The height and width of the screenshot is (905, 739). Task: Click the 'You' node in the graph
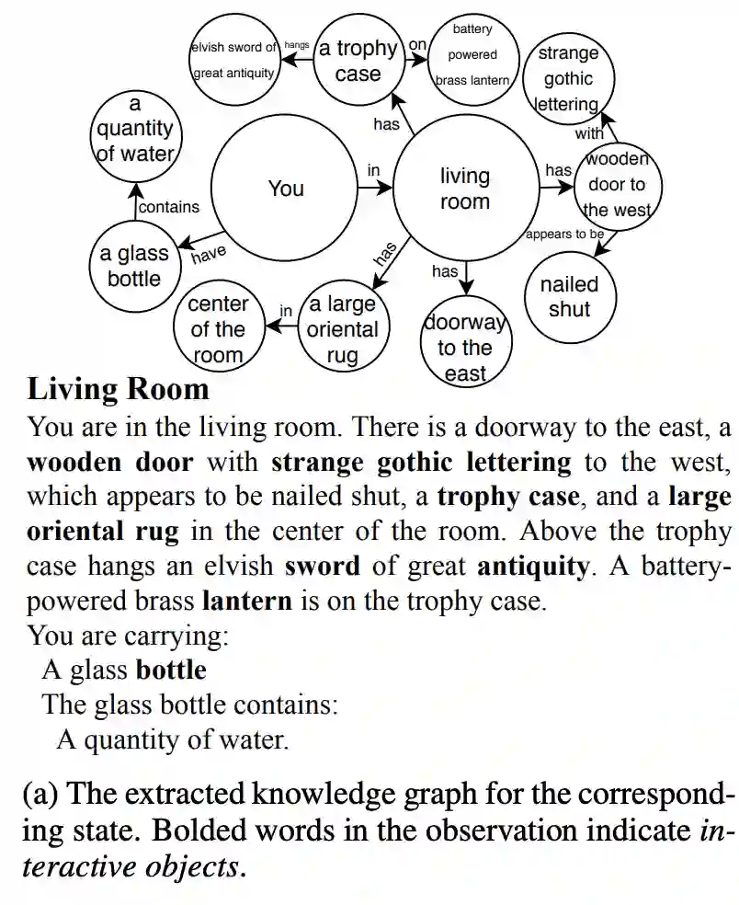pos(286,189)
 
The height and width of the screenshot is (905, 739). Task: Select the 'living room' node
pos(465,189)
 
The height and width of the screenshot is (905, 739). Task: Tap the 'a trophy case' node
pos(358,60)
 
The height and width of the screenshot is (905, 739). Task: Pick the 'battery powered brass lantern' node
pos(472,55)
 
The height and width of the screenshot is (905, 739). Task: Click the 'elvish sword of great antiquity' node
pos(233,60)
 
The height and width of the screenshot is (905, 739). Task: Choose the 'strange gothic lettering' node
pos(567,79)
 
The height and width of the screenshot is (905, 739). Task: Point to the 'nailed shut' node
pos(569,297)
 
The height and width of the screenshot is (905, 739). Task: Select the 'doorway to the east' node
pos(465,348)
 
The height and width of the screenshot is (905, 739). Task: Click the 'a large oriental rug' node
pos(342,329)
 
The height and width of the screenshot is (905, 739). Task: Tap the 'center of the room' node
pos(218,329)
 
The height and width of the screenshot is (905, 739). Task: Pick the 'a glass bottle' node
pos(134,266)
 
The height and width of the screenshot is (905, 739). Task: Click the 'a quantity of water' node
pos(135,130)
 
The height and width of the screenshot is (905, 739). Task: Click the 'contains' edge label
pos(169,208)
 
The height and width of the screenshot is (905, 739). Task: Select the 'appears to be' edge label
pos(564,235)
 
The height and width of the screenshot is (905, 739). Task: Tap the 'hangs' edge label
pos(297,45)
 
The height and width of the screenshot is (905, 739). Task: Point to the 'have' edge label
pos(209,253)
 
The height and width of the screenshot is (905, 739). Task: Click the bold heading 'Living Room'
pos(119,389)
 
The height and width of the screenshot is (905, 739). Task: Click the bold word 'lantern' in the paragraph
pos(245,601)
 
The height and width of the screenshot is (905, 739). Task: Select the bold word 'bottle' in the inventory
pos(171,670)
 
